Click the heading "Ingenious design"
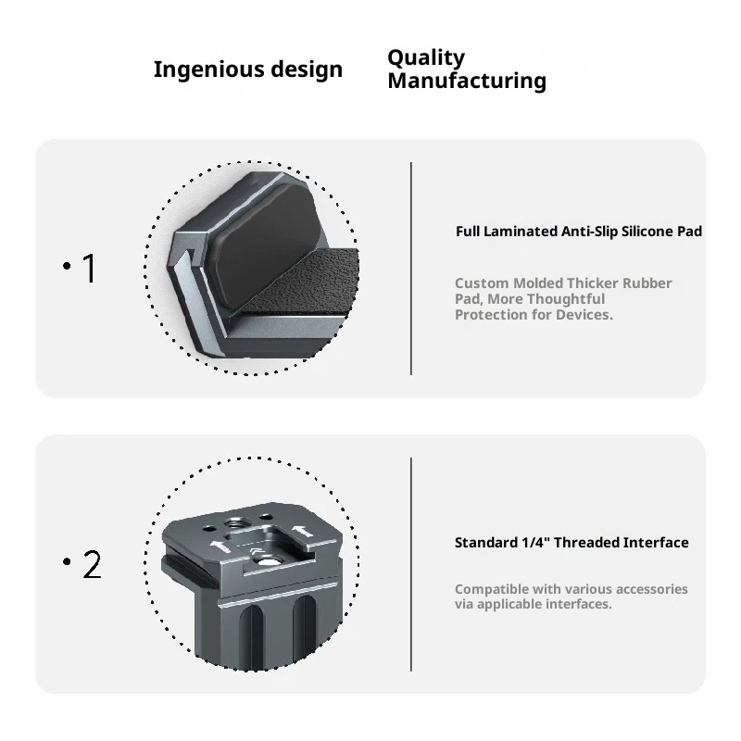247,69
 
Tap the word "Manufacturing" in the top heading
466,82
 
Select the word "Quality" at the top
425,57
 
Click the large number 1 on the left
90,269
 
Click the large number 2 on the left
92,564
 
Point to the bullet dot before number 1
68,267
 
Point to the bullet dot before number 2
68,562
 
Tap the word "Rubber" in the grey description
647,283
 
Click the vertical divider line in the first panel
410,269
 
